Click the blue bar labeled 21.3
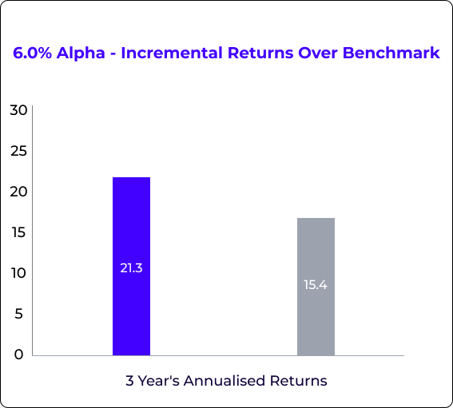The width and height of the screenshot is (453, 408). (132, 266)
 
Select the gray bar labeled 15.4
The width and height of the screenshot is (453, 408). (316, 287)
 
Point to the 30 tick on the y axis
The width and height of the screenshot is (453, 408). (18, 110)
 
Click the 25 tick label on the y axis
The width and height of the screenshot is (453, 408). (18, 151)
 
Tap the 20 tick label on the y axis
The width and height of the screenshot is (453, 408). (18, 192)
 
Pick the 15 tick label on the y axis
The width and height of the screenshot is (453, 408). (19, 232)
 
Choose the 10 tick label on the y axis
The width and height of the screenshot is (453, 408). (19, 273)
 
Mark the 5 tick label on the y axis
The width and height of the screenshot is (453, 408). (19, 314)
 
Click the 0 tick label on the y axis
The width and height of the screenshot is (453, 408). (19, 355)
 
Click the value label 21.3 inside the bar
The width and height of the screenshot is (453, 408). (132, 268)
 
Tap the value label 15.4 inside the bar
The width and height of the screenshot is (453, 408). (316, 285)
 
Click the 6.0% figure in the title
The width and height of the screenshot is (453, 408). (32, 53)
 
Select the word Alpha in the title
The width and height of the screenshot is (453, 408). (81, 53)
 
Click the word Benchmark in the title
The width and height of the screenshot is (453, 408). (391, 53)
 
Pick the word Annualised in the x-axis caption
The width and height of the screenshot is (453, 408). (225, 381)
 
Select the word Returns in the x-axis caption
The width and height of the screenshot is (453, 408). (299, 381)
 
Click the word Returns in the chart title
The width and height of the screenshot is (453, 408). (260, 53)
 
